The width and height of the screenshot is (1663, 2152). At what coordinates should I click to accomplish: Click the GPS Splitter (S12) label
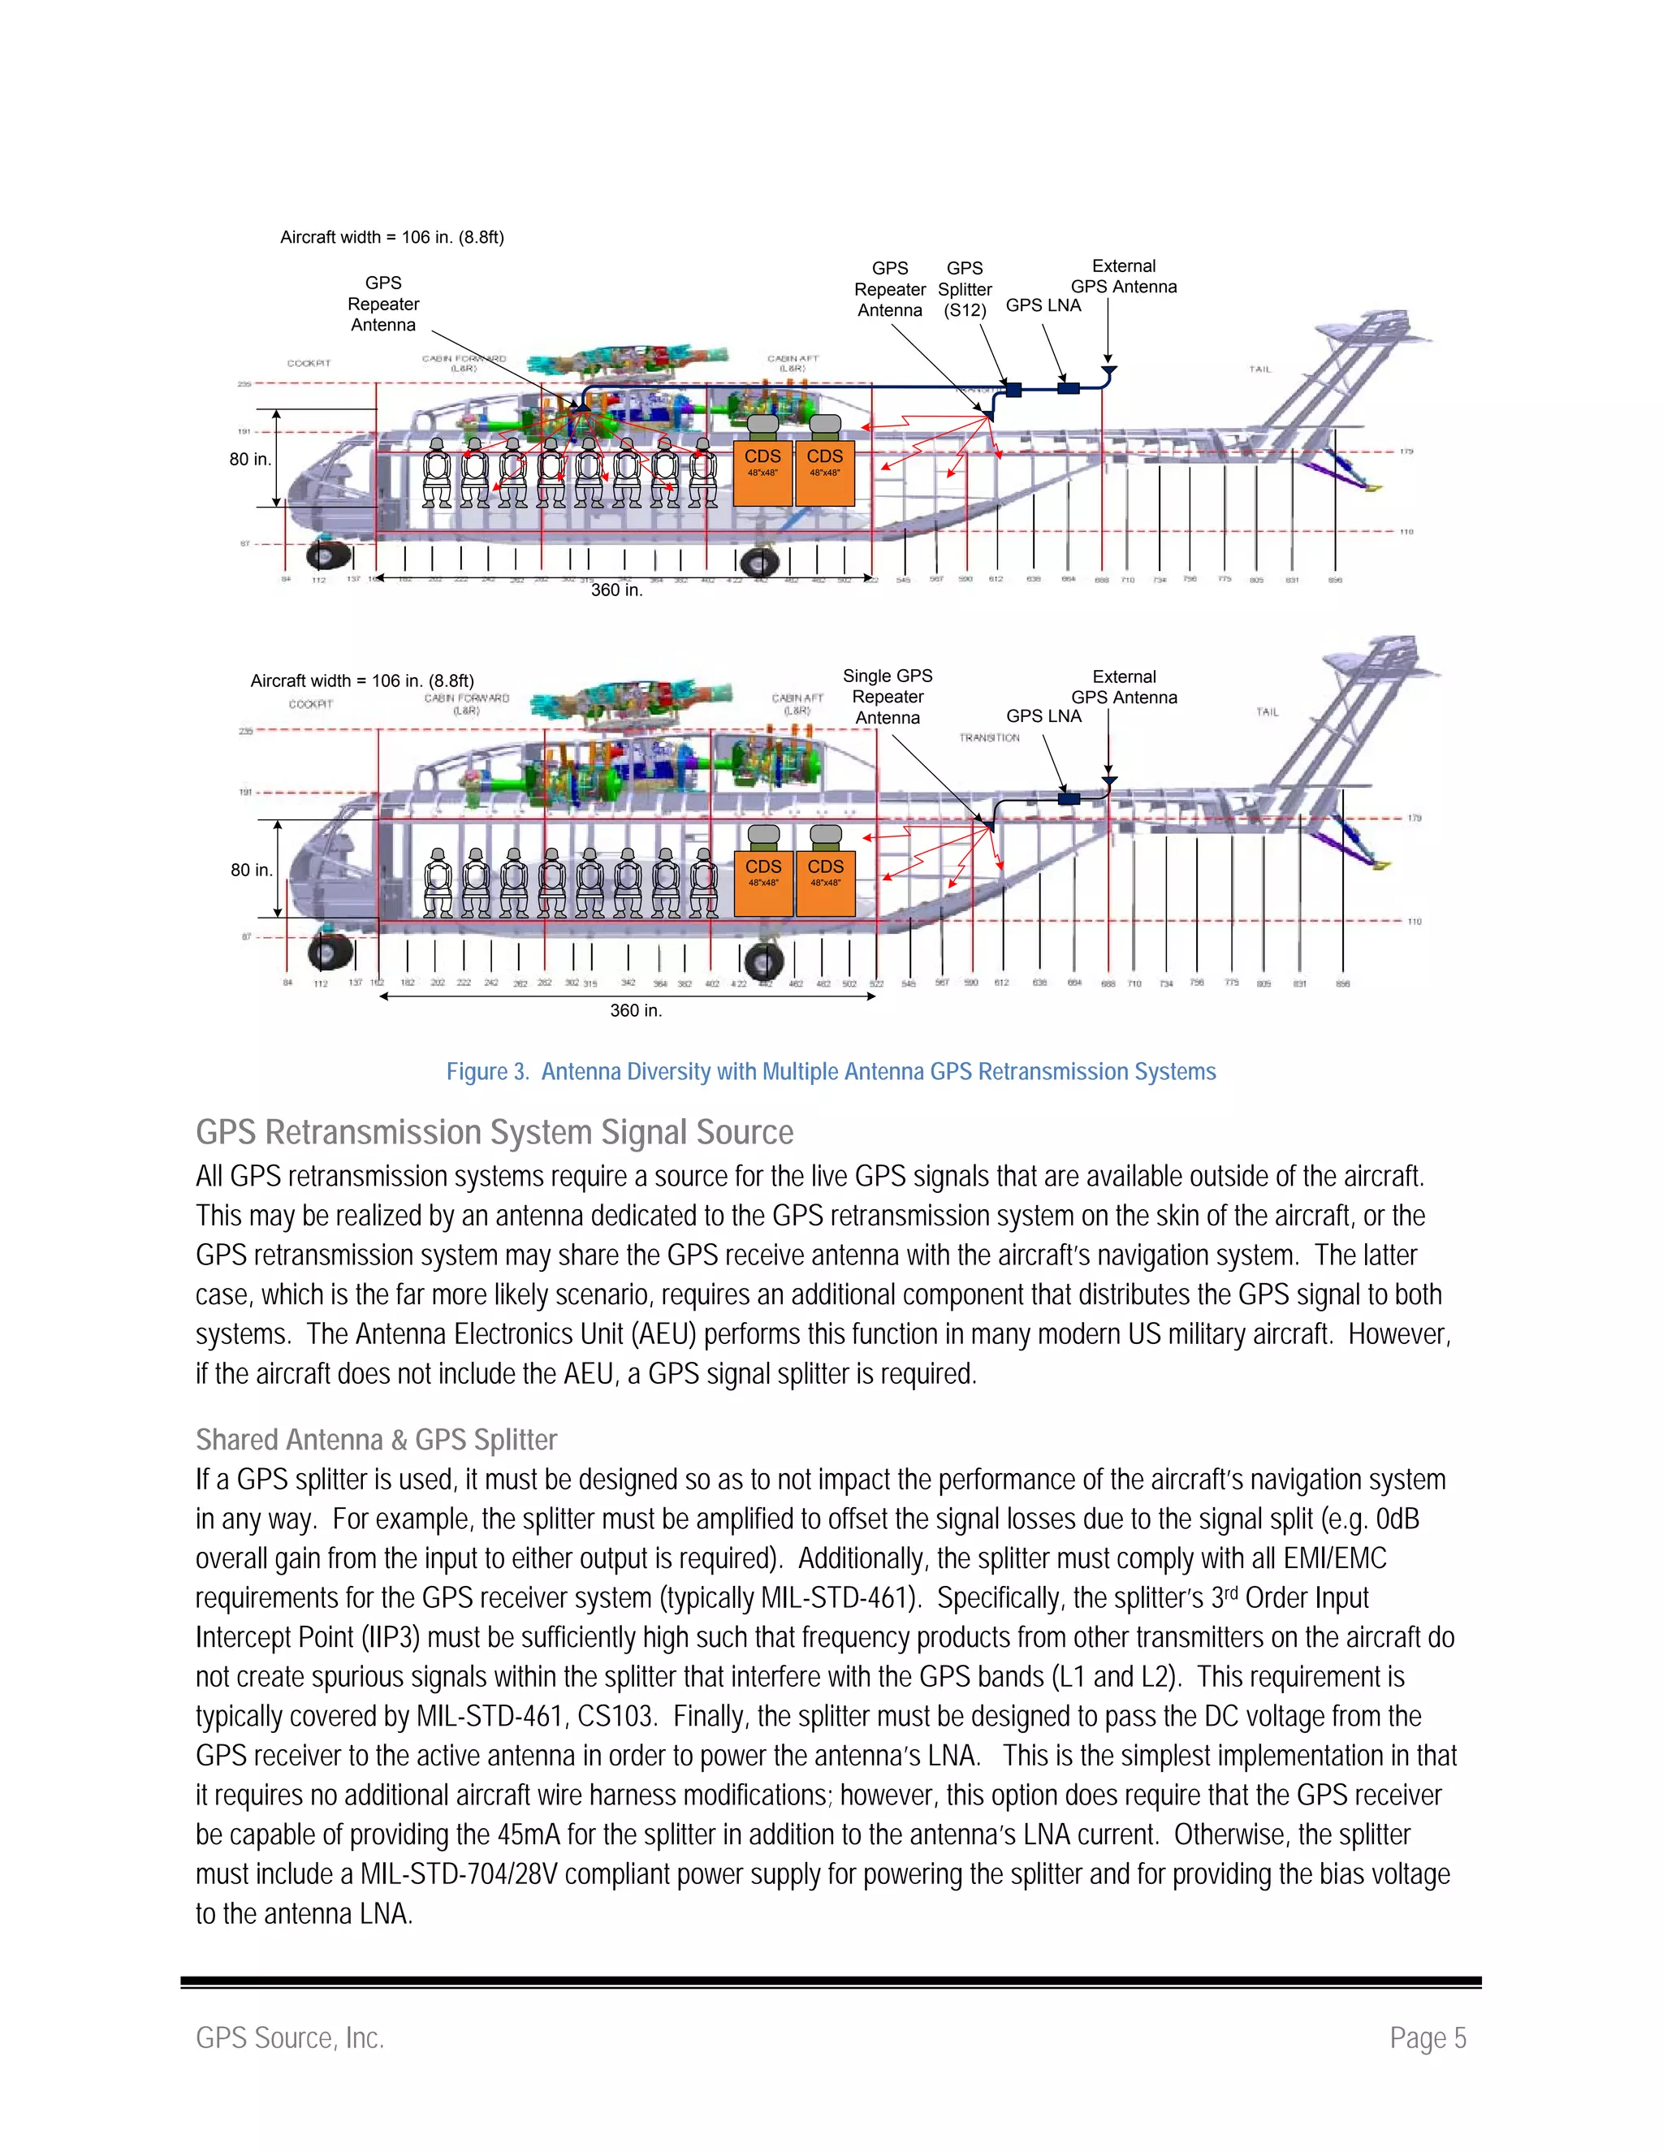(965, 289)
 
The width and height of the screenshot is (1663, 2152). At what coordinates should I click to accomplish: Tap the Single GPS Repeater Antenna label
(888, 697)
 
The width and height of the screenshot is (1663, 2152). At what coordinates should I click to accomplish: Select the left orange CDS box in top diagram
(762, 473)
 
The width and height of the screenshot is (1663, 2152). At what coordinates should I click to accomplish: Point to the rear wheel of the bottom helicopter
(763, 961)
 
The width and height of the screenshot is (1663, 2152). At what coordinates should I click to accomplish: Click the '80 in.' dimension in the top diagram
(250, 459)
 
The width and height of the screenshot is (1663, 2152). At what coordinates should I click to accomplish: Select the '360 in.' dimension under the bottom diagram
(636, 1010)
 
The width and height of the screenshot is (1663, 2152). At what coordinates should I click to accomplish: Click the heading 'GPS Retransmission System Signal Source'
(495, 1132)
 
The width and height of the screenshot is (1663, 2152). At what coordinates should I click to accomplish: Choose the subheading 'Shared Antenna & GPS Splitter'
(376, 1440)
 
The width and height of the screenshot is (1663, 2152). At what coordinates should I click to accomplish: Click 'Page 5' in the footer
(1428, 2037)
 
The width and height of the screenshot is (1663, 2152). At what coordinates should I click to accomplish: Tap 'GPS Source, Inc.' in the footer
(290, 2037)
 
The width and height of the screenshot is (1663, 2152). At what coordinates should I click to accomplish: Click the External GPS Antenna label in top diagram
(1123, 277)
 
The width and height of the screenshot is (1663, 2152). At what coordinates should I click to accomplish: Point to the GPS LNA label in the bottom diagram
(1043, 716)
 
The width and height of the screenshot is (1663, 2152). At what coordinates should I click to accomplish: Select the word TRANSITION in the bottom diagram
(989, 737)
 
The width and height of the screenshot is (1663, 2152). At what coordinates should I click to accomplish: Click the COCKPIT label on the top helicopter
(309, 363)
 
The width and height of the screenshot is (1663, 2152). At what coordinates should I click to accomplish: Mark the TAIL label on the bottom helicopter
(1267, 711)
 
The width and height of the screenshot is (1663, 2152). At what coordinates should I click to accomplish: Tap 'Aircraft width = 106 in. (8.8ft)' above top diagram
(392, 236)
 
